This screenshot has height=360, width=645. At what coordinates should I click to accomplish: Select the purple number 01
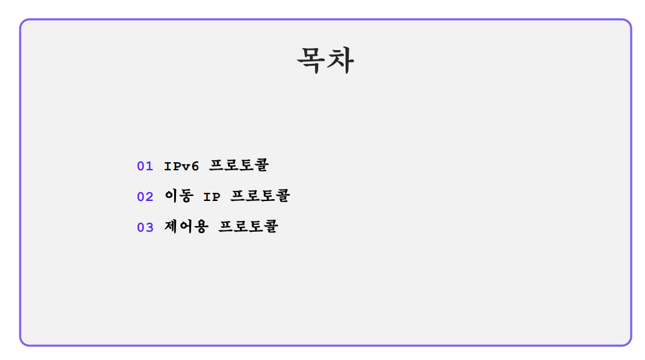[x=145, y=166]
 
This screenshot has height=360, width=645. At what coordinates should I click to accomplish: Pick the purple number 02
[x=145, y=197]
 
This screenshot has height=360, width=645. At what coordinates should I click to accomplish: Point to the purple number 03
[x=145, y=227]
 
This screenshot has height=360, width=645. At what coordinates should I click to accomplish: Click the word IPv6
[x=182, y=166]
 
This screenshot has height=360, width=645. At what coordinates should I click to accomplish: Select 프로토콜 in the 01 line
[x=239, y=165]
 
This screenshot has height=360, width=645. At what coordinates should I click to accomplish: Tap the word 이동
[x=179, y=196]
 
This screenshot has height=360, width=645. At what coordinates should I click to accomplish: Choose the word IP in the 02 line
[x=212, y=197]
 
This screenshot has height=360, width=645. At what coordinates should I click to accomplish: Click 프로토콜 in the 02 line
[x=261, y=196]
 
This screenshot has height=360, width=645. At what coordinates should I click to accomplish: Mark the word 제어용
[x=186, y=227]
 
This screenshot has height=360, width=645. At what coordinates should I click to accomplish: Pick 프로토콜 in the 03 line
[x=248, y=227]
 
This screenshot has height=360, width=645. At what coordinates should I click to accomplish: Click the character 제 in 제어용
[x=172, y=227]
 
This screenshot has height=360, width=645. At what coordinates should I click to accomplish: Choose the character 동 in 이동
[x=187, y=196]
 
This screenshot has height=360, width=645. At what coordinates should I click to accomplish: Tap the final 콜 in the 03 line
[x=271, y=227]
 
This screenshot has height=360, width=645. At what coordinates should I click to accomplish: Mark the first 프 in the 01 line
[x=216, y=165]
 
